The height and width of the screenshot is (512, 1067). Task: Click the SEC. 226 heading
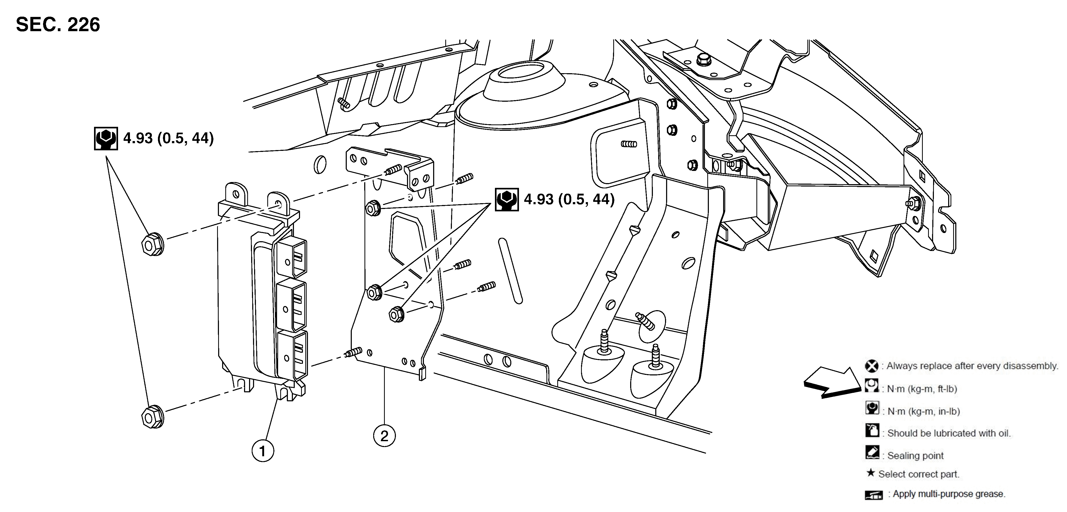click(x=58, y=25)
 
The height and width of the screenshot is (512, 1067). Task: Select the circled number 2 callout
click(x=384, y=436)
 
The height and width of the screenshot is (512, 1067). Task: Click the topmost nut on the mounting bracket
click(x=373, y=208)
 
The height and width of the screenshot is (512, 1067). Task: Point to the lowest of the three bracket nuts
click(x=397, y=314)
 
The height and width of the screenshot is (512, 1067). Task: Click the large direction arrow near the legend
click(x=832, y=383)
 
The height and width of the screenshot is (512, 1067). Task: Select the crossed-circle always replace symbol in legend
click(x=872, y=366)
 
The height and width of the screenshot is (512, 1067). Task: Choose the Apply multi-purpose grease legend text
click(x=948, y=494)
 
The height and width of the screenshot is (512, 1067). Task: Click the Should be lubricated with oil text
click(x=948, y=433)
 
